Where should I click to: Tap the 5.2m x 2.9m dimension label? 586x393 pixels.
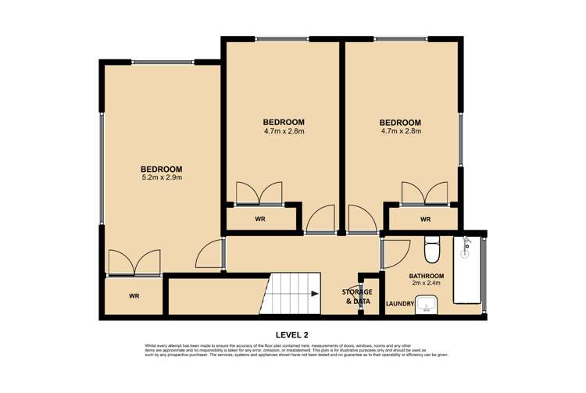[161, 178]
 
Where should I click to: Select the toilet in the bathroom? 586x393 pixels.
[431, 251]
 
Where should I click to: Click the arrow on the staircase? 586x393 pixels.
[313, 294]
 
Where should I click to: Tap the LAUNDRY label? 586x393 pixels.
[399, 304]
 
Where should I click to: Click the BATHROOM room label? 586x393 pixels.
[427, 276]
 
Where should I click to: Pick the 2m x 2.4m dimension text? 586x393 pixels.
[427, 285]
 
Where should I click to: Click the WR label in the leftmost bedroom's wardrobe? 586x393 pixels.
[134, 297]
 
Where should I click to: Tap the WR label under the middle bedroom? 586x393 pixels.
[260, 220]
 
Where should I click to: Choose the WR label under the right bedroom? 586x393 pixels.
[425, 220]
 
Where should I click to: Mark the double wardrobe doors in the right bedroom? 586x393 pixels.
[424, 193]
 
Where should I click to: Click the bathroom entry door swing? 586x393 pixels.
[395, 252]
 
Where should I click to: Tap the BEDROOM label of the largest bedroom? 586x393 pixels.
[161, 169]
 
